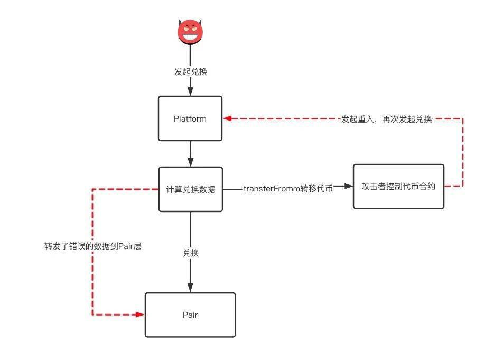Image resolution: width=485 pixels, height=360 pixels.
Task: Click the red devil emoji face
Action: pos(190,32)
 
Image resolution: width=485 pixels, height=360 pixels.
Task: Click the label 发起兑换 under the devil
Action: pos(191,71)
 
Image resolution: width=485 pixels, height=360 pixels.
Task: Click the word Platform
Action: pos(190,118)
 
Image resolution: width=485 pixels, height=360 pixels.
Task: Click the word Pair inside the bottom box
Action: pos(190,315)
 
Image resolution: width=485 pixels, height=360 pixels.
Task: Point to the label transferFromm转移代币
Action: pos(288,189)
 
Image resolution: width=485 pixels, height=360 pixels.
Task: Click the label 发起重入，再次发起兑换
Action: pos(386,119)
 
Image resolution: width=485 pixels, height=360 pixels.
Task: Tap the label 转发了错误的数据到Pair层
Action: pos(93,246)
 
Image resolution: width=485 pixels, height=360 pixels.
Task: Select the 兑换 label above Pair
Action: pos(191,253)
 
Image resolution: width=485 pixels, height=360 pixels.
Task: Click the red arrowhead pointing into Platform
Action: pos(227,118)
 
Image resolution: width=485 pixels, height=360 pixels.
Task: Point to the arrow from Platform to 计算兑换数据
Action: pos(190,154)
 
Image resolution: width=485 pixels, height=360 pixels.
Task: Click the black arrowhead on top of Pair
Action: pos(190,287)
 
